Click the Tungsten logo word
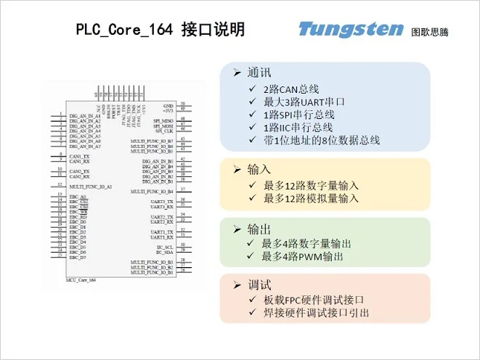pyautogui.click(x=350, y=30)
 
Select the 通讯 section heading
pyautogui.click(x=259, y=73)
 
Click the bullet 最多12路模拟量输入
pyautogui.click(x=310, y=197)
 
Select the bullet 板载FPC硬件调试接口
pyautogui.click(x=312, y=300)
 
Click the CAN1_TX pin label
pyautogui.click(x=79, y=156)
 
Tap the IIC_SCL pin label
pyautogui.click(x=165, y=247)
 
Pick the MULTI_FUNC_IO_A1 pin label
pyautogui.click(x=91, y=187)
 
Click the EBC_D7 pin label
pyautogui.click(x=78, y=258)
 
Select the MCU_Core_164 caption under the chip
pyautogui.click(x=81, y=280)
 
